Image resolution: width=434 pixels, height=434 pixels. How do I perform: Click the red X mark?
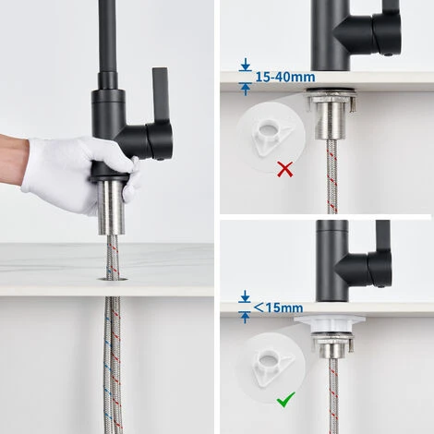tap(285, 170)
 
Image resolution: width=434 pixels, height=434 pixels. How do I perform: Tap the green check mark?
tap(285, 400)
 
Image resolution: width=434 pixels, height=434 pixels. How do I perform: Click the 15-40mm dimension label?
tap(285, 77)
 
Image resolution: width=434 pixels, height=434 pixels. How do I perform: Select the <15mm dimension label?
tap(278, 307)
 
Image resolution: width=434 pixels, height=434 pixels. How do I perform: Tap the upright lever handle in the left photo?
tap(161, 95)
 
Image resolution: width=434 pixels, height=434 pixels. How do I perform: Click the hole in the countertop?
tap(113, 279)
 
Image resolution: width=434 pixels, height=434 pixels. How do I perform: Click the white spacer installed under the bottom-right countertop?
tap(330, 325)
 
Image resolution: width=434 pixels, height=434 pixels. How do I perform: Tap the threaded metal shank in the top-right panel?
tap(331, 120)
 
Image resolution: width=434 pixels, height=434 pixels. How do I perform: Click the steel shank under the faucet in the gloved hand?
tap(112, 208)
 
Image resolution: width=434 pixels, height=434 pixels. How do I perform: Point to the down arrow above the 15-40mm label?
tap(246, 65)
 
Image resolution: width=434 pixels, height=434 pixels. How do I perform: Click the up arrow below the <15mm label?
tap(245, 318)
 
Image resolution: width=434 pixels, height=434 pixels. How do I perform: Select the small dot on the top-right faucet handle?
tap(388, 54)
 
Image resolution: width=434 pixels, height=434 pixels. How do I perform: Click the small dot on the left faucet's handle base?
tap(161, 159)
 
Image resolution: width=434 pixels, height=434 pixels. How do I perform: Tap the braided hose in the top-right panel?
tap(332, 176)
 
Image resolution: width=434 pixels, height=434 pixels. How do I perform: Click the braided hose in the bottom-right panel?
tap(333, 396)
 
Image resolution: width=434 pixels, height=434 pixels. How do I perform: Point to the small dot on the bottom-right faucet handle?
tap(381, 286)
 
